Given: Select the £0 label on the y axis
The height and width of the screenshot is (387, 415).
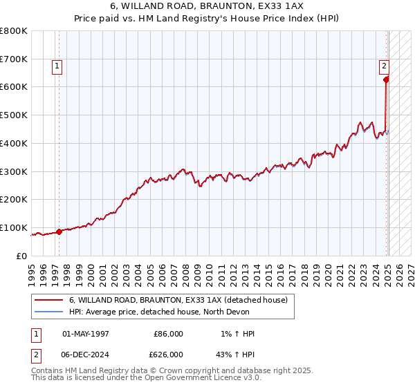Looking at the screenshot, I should (22, 256).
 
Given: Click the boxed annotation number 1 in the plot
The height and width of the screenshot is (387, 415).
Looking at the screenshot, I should (56, 67).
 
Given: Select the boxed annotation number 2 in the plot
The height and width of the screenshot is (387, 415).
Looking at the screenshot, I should (383, 67).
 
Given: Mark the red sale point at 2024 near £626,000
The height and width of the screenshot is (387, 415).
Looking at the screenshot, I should (385, 79).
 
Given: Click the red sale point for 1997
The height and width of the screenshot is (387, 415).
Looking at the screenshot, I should (59, 232).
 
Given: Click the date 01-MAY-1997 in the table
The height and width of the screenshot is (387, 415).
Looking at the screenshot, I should (86, 334).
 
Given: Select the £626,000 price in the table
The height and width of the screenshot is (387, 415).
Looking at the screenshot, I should (169, 354).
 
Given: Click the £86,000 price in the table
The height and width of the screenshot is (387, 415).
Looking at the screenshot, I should (169, 334).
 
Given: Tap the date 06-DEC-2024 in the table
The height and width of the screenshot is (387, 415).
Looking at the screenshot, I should (86, 354).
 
